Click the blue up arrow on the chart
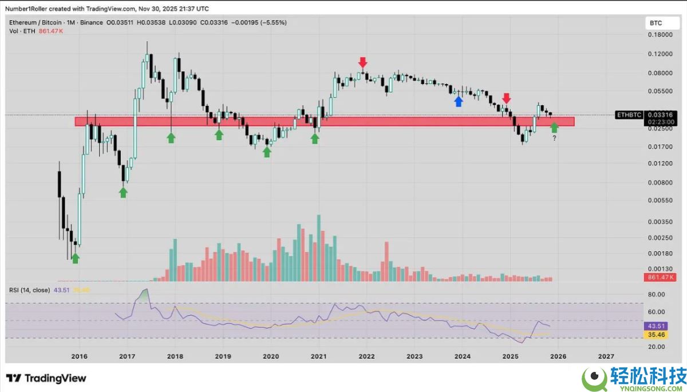458,101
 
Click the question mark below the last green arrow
554,138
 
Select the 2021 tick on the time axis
318,356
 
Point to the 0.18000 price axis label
660,35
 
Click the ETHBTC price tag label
628,114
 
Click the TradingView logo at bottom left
46,378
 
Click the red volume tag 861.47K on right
660,277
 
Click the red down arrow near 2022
362,62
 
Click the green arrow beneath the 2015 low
75,259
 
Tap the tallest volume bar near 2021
318,248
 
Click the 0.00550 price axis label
660,200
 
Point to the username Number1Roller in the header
31,7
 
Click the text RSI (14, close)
29,290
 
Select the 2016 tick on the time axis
79,356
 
